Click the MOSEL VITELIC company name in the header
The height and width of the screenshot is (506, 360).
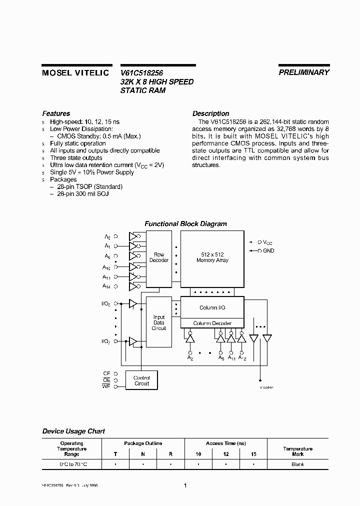tap(74, 72)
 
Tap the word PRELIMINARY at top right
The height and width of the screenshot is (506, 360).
tap(303, 72)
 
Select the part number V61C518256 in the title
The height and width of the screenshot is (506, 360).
tap(142, 72)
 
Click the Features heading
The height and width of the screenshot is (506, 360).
tap(56, 113)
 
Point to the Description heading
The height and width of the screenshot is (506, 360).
tap(210, 113)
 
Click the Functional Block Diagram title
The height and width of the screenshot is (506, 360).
tap(185, 224)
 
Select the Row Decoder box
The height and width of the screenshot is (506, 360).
tap(159, 257)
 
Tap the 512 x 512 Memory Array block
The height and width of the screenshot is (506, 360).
tap(212, 257)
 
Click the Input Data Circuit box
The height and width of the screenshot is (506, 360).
tap(159, 322)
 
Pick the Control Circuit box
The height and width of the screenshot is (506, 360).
tap(141, 380)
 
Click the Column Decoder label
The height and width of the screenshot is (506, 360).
tap(212, 323)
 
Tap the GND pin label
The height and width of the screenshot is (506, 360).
tap(269, 250)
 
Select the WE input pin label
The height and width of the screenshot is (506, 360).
tap(106, 386)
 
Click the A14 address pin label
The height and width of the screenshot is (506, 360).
tap(106, 286)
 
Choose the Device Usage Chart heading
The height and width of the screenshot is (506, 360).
tap(73, 431)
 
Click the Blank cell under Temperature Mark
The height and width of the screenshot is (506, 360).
tap(297, 464)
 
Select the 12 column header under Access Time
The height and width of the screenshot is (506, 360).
tap(225, 454)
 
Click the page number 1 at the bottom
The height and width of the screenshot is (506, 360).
tap(185, 485)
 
